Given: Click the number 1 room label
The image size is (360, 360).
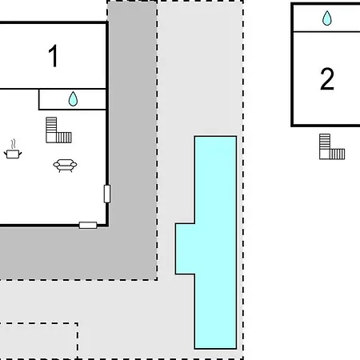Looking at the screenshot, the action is pyautogui.click(x=54, y=56).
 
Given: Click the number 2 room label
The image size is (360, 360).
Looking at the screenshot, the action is pyautogui.click(x=327, y=78).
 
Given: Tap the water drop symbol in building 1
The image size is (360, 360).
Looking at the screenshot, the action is pyautogui.click(x=73, y=99).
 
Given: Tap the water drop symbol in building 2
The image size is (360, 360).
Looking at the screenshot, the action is pyautogui.click(x=327, y=18).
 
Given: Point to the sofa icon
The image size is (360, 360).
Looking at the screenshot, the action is pyautogui.click(x=65, y=166).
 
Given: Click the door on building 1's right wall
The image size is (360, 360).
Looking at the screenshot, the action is pyautogui.click(x=107, y=194).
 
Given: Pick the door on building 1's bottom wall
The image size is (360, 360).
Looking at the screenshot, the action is pyautogui.click(x=88, y=226).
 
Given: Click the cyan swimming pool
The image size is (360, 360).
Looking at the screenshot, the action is pyautogui.click(x=215, y=242).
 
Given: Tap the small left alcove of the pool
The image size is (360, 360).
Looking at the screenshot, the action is pyautogui.click(x=185, y=249).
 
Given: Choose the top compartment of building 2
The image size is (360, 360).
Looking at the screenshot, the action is pyautogui.click(x=326, y=18).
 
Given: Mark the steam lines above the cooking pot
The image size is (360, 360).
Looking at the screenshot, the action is pyautogui.click(x=13, y=144).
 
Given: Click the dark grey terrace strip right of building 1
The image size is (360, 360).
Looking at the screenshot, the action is pyautogui.click(x=132, y=120).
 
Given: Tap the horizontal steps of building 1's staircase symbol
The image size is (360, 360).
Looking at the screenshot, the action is pyautogui.click(x=64, y=138).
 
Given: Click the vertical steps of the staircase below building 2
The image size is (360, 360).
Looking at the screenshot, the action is pyautogui.click(x=325, y=142).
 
